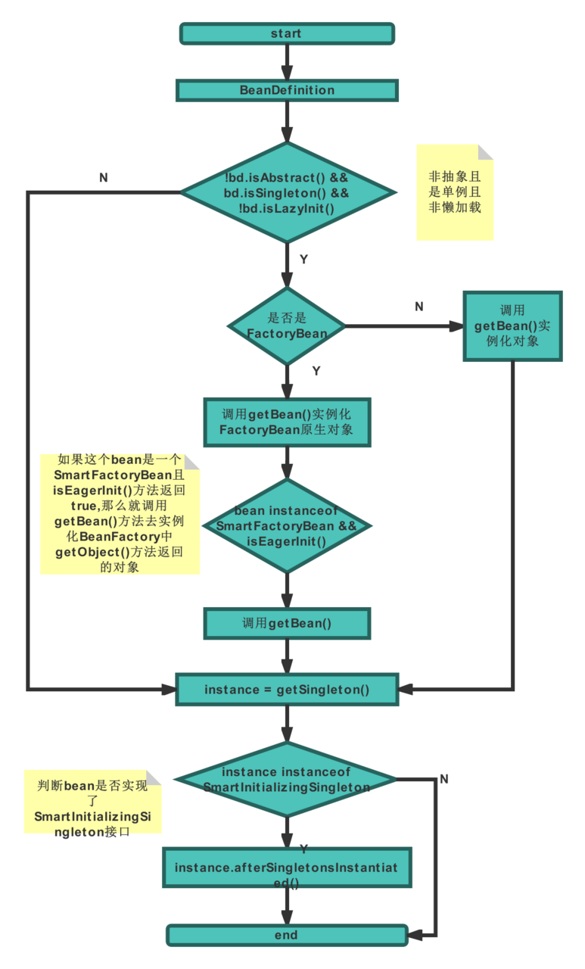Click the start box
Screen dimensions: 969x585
pyautogui.click(x=287, y=33)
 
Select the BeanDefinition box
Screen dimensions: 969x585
pyautogui.click(x=287, y=91)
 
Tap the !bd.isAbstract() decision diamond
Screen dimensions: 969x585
pyautogui.click(x=287, y=192)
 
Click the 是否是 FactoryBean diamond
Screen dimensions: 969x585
pyautogui.click(x=287, y=326)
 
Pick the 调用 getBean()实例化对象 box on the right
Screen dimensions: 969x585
pyautogui.click(x=512, y=326)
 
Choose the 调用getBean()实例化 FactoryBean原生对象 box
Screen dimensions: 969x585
pyautogui.click(x=287, y=422)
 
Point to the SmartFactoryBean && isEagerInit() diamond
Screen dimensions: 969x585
pyautogui.click(x=287, y=525)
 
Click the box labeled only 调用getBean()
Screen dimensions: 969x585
pyautogui.click(x=287, y=624)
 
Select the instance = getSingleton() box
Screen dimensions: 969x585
pyautogui.click(x=287, y=690)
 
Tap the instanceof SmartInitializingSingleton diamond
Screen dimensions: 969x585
pyautogui.click(x=286, y=780)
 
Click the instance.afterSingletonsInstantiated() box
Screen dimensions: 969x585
pyautogui.click(x=287, y=868)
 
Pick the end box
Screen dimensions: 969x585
pyautogui.click(x=287, y=935)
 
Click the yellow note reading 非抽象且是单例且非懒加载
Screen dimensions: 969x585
pyautogui.click(x=455, y=192)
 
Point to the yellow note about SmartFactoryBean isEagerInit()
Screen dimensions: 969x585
pyautogui.click(x=120, y=514)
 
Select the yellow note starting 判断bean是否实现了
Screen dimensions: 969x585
pyautogui.click(x=92, y=802)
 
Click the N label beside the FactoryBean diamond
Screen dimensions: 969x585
pyautogui.click(x=419, y=307)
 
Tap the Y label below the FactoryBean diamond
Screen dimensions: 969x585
pyautogui.click(x=316, y=371)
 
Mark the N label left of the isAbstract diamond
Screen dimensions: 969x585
pyautogui.click(x=103, y=179)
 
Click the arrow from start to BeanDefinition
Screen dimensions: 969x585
pyautogui.click(x=287, y=62)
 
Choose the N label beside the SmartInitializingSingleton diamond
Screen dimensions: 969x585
pyautogui.click(x=443, y=779)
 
